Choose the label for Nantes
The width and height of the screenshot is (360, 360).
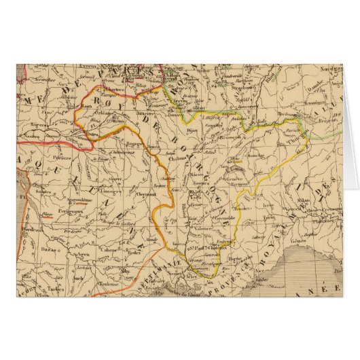26,139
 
